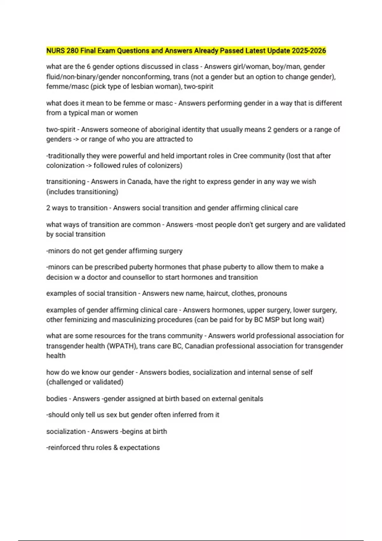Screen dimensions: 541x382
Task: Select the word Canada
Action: [x=139, y=182]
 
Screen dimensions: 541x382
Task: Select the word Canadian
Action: [x=199, y=346]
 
